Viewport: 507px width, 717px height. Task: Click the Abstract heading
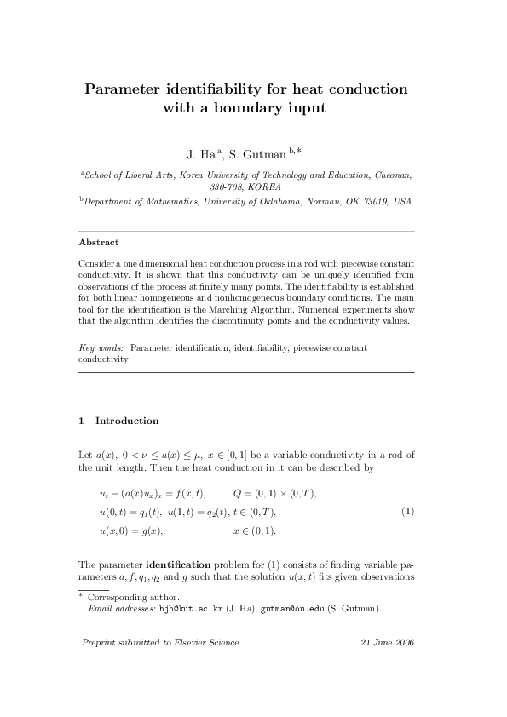pyautogui.click(x=98, y=243)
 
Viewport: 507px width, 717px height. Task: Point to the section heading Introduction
pyautogui.click(x=127, y=421)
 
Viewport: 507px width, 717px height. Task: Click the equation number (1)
pyautogui.click(x=407, y=511)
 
